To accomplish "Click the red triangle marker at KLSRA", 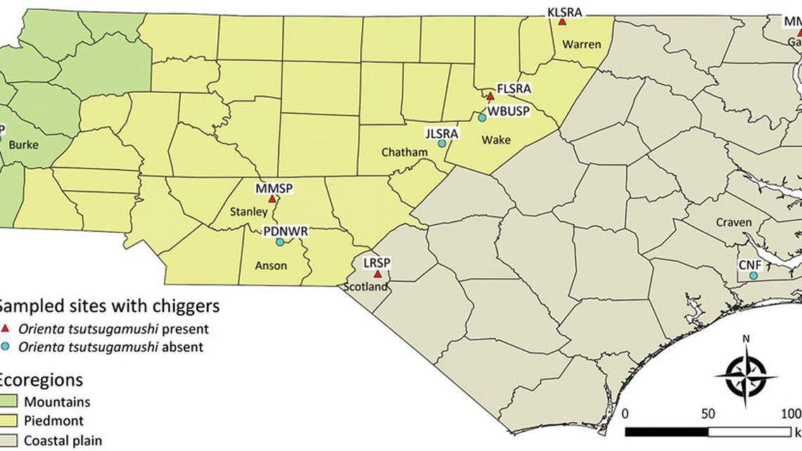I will point(562,22).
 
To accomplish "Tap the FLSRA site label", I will point(514,89).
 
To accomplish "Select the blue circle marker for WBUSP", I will point(482,117).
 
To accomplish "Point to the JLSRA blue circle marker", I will point(442,144).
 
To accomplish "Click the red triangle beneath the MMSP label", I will point(272,199).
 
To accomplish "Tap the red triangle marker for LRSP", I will point(377,274).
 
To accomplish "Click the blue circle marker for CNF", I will point(753,276).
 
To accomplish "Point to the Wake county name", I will point(495,140).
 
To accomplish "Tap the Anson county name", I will point(266,267).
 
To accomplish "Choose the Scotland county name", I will point(366,287).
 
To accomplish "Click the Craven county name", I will point(734,222).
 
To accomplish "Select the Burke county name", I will point(25,146).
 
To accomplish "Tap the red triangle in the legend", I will point(6,329).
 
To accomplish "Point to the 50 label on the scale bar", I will point(708,412).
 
